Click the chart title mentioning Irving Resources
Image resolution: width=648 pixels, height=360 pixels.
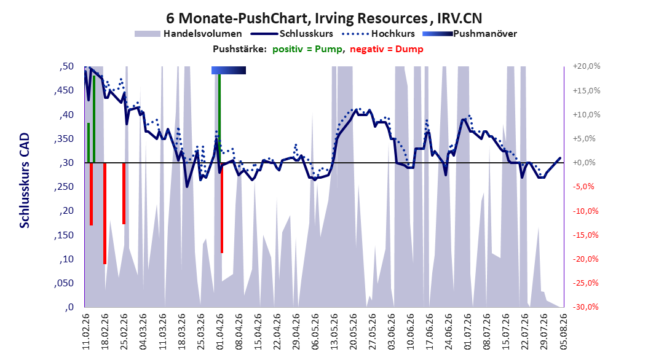[324, 18]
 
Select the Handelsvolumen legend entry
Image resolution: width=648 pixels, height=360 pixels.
[188, 34]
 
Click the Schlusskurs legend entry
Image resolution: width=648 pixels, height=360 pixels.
[292, 34]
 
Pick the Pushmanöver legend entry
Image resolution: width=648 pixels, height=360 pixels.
[470, 34]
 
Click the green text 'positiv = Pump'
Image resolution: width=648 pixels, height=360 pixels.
[307, 49]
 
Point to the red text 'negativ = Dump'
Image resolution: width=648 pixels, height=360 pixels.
[387, 49]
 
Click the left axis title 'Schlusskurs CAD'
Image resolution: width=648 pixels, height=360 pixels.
[25, 181]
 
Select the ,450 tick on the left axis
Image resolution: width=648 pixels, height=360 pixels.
[64, 90]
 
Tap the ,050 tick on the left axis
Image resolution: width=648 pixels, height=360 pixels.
[64, 283]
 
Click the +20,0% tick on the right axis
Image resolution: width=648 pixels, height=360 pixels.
[587, 66]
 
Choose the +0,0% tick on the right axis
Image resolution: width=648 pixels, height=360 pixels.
[584, 163]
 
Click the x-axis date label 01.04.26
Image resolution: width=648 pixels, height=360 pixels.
[220, 332]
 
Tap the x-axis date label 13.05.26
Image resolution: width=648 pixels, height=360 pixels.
[334, 332]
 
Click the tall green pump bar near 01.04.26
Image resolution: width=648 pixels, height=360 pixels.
[219, 119]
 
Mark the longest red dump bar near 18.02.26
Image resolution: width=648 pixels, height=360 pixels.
[105, 213]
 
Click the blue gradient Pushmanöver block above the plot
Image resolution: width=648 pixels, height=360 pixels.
[229, 70]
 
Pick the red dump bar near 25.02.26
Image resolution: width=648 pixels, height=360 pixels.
[124, 194]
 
